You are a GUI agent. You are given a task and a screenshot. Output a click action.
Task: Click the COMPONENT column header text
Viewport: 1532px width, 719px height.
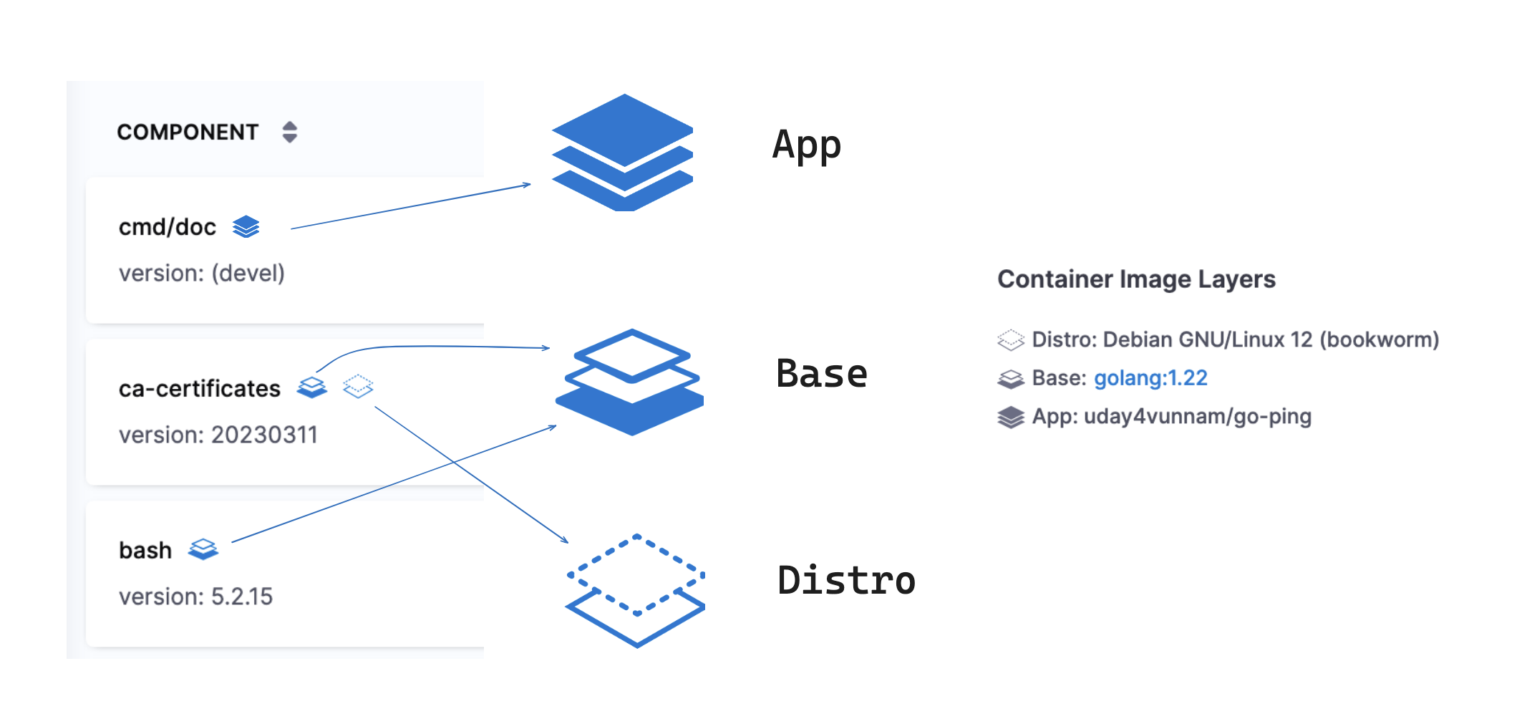[188, 132]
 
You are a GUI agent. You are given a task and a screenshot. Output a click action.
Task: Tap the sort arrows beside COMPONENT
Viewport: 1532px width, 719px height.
[289, 132]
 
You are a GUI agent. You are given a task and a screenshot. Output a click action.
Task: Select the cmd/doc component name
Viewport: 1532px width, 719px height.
[168, 227]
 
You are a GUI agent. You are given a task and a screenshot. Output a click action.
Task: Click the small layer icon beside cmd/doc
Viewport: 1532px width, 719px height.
[246, 226]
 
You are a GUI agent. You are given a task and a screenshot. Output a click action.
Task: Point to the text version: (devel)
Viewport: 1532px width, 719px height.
[202, 274]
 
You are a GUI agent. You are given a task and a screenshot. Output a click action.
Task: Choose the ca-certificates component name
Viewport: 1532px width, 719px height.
[200, 388]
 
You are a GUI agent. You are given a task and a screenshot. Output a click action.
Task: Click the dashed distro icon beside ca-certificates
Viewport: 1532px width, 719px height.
[358, 386]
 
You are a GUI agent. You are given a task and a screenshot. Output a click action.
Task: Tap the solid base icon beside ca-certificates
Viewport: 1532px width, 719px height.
[312, 387]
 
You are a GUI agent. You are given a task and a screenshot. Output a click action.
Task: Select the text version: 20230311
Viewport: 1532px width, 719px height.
[218, 435]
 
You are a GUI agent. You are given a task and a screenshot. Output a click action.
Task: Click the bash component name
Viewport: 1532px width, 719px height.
[145, 550]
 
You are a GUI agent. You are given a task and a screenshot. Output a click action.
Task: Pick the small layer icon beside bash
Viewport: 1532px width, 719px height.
[203, 549]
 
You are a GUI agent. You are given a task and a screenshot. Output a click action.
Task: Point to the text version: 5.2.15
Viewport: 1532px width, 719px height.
[196, 597]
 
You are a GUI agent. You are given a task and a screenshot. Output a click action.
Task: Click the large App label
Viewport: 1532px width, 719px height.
[807, 146]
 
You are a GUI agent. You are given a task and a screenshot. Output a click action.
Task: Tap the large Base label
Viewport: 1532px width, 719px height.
[822, 374]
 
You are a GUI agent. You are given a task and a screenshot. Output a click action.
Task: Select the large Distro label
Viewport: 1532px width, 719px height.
[846, 580]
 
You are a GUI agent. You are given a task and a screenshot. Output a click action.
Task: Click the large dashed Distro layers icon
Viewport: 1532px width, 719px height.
[636, 590]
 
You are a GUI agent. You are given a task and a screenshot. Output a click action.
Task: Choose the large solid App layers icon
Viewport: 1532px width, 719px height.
[624, 152]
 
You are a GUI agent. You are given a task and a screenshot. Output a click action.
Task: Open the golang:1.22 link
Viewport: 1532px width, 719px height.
[1150, 378]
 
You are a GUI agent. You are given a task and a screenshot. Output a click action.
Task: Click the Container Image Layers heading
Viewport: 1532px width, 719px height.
[1136, 279]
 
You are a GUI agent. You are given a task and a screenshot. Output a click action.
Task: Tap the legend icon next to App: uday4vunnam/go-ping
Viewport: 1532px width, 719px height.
[1011, 417]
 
